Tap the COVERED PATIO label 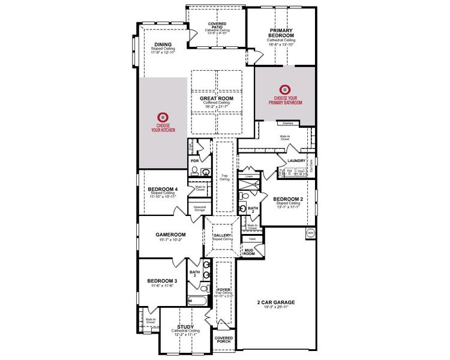[x=217, y=25]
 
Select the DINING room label [x=163, y=44]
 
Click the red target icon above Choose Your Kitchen [x=161, y=117]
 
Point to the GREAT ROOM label [x=217, y=98]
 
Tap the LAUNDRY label [x=296, y=161]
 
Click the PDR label [x=194, y=161]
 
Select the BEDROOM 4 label [x=163, y=189]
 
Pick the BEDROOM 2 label [x=287, y=199]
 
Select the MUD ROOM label [x=248, y=252]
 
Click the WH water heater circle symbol [x=311, y=232]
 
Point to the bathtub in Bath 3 [x=197, y=300]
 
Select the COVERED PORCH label [x=223, y=340]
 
